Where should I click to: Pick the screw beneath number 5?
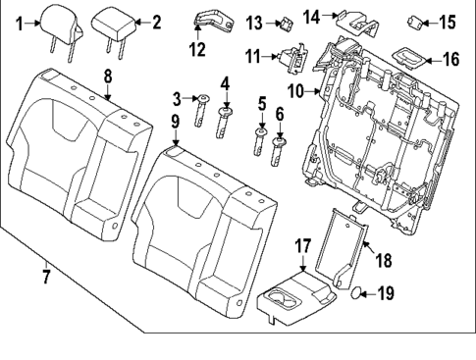261,139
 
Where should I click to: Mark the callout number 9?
175,122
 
